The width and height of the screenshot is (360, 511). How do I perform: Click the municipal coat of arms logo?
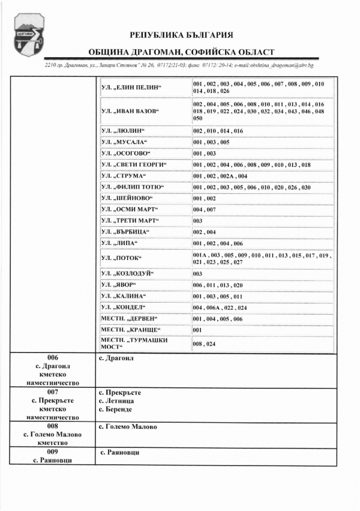pos(25,36)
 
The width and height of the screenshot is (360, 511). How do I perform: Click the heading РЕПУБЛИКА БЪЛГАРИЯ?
pos(181,35)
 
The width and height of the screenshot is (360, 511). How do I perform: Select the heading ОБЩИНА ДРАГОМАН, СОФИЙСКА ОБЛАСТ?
pos(181,53)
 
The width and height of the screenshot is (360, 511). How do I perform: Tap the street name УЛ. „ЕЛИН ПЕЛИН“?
pos(131,87)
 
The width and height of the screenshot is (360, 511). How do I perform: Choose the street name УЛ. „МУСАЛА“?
pos(124,142)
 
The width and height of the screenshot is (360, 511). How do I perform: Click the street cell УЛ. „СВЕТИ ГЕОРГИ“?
pos(133,165)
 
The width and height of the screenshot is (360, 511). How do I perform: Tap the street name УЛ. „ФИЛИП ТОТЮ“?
pos(131,187)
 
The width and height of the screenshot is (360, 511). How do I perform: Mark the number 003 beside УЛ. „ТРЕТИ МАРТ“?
pos(197,221)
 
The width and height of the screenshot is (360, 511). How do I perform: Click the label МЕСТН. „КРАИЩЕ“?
pos(127,330)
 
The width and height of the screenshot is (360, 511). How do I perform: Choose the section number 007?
pos(52,393)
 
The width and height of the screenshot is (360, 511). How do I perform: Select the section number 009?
pos(52,451)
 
